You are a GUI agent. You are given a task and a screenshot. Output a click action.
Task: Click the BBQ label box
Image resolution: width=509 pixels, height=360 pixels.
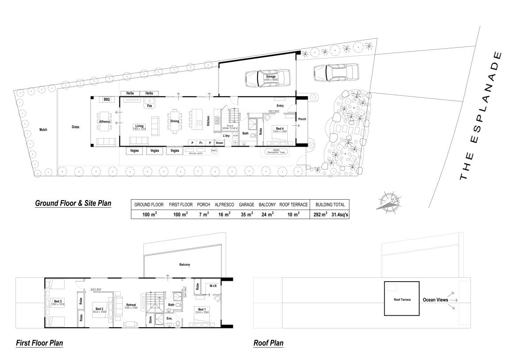107,100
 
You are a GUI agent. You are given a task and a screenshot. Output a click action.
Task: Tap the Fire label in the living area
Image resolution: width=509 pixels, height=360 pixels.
150,106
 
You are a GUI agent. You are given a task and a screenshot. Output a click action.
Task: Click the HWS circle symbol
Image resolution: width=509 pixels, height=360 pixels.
214,151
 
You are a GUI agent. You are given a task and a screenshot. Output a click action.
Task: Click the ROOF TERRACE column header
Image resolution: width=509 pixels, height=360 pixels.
293,205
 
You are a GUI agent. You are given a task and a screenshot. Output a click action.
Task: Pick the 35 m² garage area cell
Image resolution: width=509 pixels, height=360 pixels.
246,215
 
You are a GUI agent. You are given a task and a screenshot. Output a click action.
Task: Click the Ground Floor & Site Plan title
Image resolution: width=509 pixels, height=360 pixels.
73,203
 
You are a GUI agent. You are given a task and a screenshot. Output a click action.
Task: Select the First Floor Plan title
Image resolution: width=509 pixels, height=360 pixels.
39,343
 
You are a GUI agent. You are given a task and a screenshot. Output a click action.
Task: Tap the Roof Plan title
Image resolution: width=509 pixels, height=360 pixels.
268,343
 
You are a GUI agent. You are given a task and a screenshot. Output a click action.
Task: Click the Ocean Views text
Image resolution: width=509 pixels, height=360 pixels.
436,300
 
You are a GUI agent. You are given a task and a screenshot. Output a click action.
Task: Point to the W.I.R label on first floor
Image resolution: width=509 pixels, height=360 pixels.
212,286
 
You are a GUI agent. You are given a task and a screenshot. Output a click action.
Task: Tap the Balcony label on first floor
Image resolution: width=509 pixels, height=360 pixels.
185,265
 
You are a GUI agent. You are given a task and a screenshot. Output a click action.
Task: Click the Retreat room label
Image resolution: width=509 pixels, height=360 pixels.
131,305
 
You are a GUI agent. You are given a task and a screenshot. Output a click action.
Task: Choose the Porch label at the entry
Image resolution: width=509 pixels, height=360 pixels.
302,119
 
